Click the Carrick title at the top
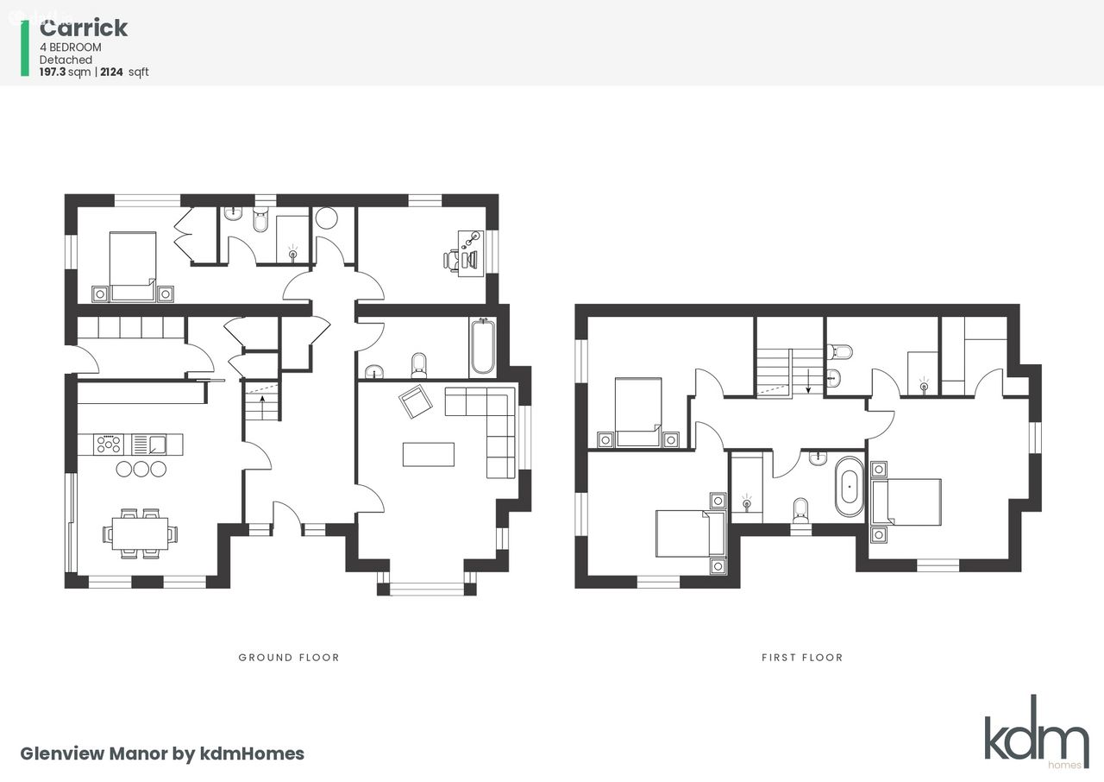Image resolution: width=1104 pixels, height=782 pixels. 84,28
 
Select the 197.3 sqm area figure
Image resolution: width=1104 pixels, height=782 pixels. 65,72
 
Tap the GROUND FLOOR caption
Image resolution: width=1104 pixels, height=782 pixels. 289,657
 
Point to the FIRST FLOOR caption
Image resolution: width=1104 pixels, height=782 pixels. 802,657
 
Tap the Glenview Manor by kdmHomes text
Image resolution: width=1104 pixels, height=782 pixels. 162,754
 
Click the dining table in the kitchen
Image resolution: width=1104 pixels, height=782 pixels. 140,533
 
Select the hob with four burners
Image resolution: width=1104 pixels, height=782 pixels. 109,444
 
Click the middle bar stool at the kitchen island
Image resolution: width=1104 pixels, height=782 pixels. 141,469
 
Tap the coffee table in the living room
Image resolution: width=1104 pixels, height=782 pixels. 429,454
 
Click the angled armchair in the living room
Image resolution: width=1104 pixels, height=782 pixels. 416,401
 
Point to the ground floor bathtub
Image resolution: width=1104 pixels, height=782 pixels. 482,346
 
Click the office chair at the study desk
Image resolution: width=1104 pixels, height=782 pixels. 451,260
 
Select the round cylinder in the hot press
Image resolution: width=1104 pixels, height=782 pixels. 326,218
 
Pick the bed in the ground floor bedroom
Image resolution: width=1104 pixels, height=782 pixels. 133,266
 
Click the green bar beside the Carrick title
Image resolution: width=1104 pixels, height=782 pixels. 25,48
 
